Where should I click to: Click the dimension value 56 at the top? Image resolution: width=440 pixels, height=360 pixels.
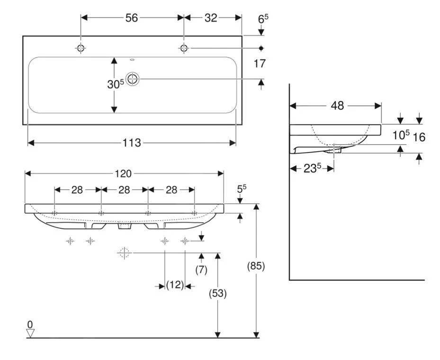pyautogui.click(x=131, y=18)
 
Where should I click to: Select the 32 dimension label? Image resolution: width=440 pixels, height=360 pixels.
pyautogui.click(x=211, y=18)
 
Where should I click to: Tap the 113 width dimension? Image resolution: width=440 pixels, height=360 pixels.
pyautogui.click(x=131, y=143)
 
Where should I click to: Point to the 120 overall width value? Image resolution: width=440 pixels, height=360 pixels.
pyautogui.click(x=124, y=174)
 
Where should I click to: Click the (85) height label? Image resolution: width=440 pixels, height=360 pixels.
pyautogui.click(x=256, y=266)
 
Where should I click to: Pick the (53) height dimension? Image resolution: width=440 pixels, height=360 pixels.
pyautogui.click(x=218, y=294)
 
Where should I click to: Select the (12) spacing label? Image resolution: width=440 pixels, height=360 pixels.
pyautogui.click(x=175, y=285)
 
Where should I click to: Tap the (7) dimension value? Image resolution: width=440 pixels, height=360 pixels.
pyautogui.click(x=202, y=269)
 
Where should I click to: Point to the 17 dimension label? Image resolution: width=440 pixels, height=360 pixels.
pyautogui.click(x=260, y=63)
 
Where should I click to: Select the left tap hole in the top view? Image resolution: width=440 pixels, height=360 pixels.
pyautogui.click(x=81, y=48)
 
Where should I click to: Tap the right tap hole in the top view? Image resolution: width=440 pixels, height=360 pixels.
pyautogui.click(x=184, y=48)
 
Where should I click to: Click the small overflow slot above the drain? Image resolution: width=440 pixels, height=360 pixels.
pyautogui.click(x=132, y=60)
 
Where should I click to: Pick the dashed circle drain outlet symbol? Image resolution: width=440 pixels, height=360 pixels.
pyautogui.click(x=124, y=253)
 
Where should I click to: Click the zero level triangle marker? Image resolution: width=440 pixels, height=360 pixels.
pyautogui.click(x=30, y=333)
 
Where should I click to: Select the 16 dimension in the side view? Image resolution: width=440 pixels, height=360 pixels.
pyautogui.click(x=419, y=137)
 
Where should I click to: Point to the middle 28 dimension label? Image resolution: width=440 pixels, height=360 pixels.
pyautogui.click(x=124, y=190)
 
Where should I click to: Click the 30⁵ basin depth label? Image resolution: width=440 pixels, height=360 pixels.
pyautogui.click(x=116, y=84)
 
